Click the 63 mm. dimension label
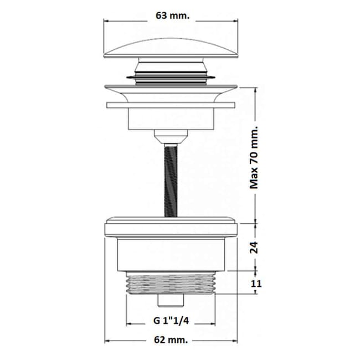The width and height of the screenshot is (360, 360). point(173,16)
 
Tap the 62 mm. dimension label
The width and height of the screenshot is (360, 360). point(171,340)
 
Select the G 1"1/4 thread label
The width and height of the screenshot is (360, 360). point(171,321)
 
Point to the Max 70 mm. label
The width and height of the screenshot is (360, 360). point(254,157)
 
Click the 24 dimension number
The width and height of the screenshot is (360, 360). point(254,247)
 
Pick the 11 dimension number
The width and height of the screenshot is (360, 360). point(256,284)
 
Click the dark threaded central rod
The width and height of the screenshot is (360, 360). point(171,180)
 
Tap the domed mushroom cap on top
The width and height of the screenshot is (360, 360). point(171,48)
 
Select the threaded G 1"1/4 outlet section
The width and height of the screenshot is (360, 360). point(171,282)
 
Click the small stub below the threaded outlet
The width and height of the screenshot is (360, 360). point(171,300)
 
